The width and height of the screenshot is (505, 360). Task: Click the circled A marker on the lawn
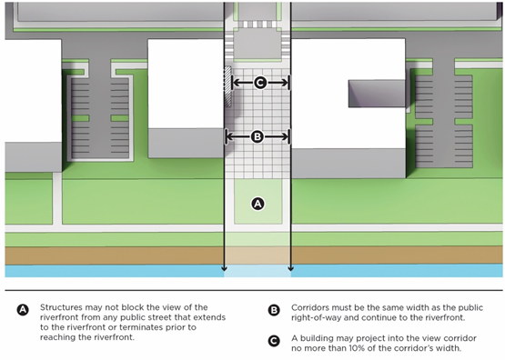pyautogui.click(x=258, y=204)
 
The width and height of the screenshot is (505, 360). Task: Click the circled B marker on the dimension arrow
pyautogui.click(x=258, y=136)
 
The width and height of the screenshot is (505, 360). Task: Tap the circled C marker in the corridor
pyautogui.click(x=260, y=83)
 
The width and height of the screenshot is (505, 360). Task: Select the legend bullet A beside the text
pyautogui.click(x=23, y=310)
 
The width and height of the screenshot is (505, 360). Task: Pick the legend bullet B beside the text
pyautogui.click(x=274, y=310)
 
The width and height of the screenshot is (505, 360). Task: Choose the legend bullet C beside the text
pyautogui.click(x=274, y=341)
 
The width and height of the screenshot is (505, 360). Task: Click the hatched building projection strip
pyautogui.click(x=228, y=86)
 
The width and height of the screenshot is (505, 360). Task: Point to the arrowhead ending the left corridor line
pyautogui.click(x=224, y=268)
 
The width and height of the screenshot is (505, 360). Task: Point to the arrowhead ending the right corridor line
pyautogui.click(x=291, y=268)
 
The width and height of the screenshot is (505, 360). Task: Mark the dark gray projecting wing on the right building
pyautogui.click(x=377, y=94)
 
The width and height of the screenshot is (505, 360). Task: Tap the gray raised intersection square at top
pyautogui.click(x=258, y=44)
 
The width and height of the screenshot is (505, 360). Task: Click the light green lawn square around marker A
pyautogui.click(x=258, y=202)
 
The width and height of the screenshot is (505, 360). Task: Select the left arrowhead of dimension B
pyautogui.click(x=229, y=136)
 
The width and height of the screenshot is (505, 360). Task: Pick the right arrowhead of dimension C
pyautogui.click(x=285, y=83)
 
